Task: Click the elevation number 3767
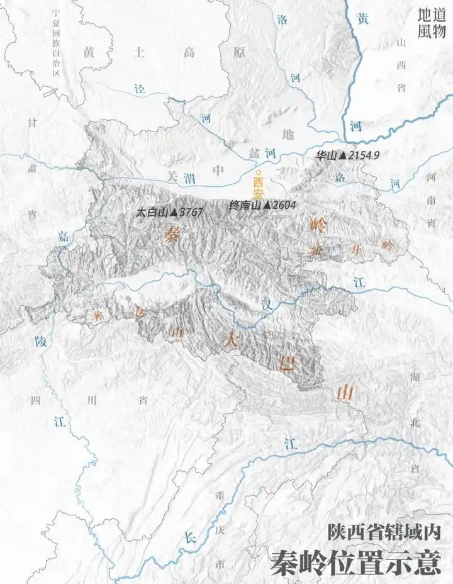coord(191,213)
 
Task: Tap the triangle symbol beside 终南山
coord(267,205)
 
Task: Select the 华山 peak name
coord(327,155)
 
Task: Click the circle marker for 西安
coord(256,171)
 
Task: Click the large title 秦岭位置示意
coord(355,562)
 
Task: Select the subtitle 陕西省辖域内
coord(384,532)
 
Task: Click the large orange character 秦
coord(171,235)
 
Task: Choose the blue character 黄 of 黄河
coord(362,19)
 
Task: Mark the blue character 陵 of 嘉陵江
coord(40,342)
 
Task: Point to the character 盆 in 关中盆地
coord(254,153)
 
